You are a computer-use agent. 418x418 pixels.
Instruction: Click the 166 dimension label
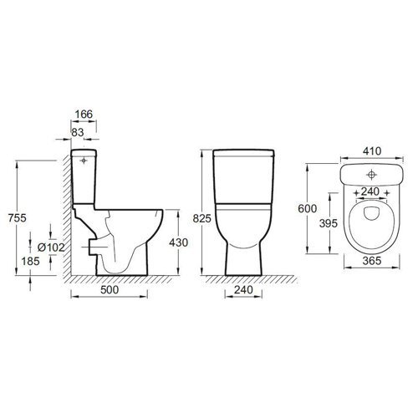point(84,115)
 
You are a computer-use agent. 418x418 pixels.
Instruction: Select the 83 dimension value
point(78,132)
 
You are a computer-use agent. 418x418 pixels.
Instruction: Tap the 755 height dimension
point(18,217)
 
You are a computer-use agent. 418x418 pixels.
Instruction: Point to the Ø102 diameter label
point(51,247)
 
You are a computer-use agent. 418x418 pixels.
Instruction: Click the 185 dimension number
point(31,262)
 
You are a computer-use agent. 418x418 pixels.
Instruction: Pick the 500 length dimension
point(110,290)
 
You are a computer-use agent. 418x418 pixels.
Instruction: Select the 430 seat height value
point(179,242)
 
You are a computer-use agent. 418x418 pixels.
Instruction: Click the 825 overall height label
point(202,219)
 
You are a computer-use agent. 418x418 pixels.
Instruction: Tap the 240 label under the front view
point(243,290)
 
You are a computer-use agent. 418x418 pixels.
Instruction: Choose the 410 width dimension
point(372,151)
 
